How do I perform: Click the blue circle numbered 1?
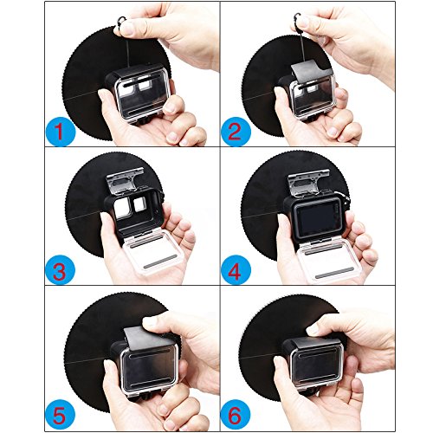click(61, 132)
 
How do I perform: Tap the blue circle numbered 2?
click(236, 132)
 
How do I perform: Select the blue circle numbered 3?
click(61, 269)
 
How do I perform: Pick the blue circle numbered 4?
click(236, 269)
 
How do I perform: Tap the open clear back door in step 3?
click(153, 251)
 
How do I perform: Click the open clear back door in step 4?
click(327, 261)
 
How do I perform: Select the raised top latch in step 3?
click(125, 179)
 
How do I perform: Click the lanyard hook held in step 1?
click(121, 23)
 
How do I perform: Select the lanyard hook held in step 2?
click(298, 20)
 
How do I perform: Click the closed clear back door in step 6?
click(316, 366)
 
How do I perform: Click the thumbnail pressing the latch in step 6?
click(313, 328)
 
